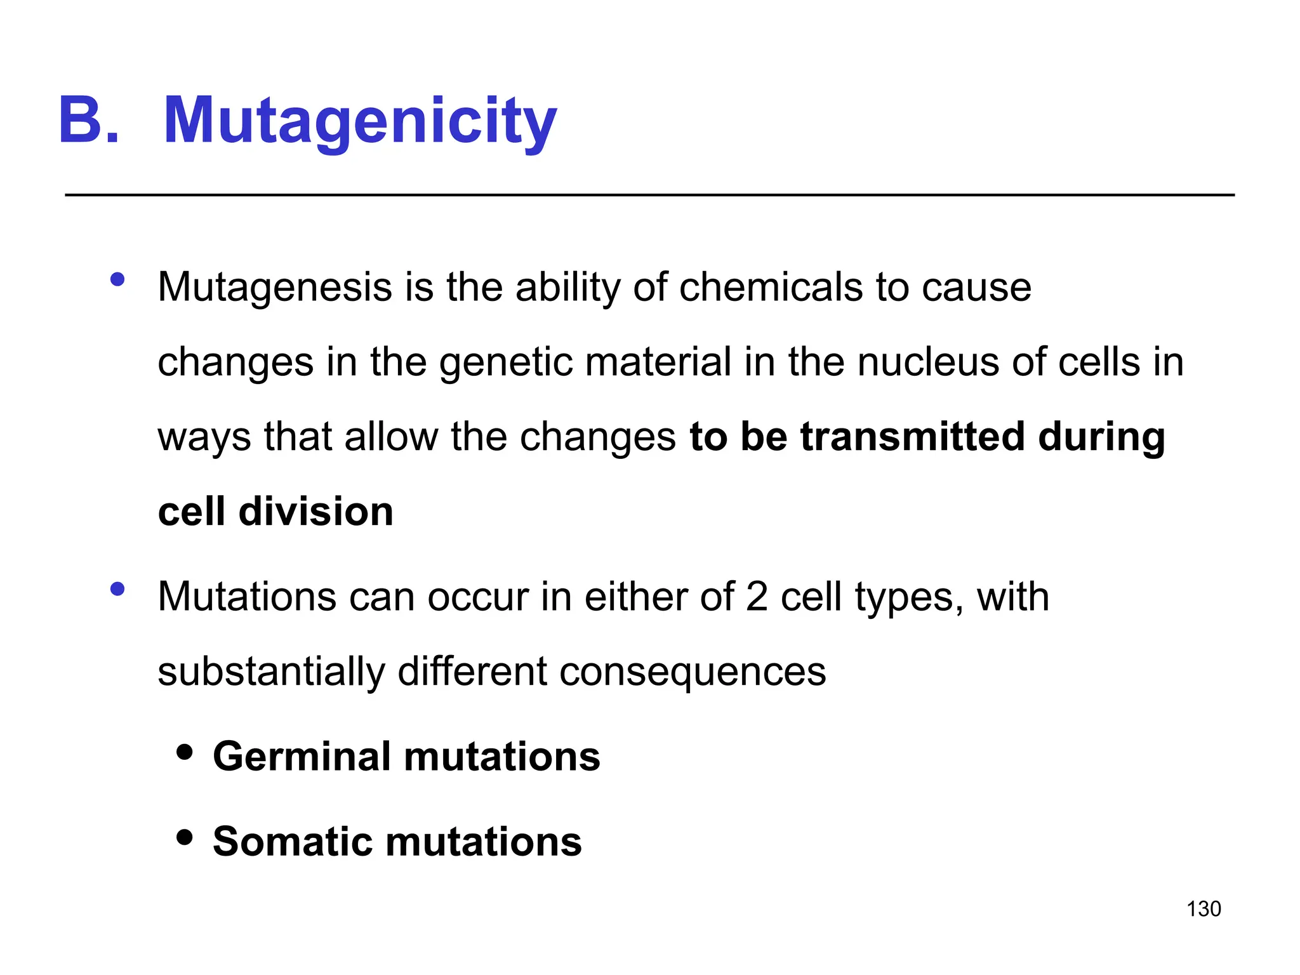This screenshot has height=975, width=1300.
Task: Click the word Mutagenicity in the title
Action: tap(360, 121)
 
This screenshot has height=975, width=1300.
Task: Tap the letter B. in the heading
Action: tap(88, 121)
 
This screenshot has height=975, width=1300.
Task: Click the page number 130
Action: tap(1204, 909)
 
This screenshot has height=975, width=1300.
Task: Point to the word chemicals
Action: tap(771, 288)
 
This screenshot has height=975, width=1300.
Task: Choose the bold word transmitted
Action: tap(912, 437)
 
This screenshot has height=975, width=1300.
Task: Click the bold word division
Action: tap(315, 512)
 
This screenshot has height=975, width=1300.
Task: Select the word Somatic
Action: tap(292, 842)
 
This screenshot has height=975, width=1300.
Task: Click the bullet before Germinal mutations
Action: tap(185, 753)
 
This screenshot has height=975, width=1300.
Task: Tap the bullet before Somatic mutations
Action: tap(185, 837)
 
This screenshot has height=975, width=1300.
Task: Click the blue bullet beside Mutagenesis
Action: tap(117, 280)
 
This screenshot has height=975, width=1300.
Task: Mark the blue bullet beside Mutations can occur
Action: tap(117, 590)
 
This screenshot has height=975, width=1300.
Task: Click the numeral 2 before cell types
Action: tap(757, 597)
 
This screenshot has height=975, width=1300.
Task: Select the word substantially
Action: tap(271, 672)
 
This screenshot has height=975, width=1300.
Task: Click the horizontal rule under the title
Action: tap(649, 195)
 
